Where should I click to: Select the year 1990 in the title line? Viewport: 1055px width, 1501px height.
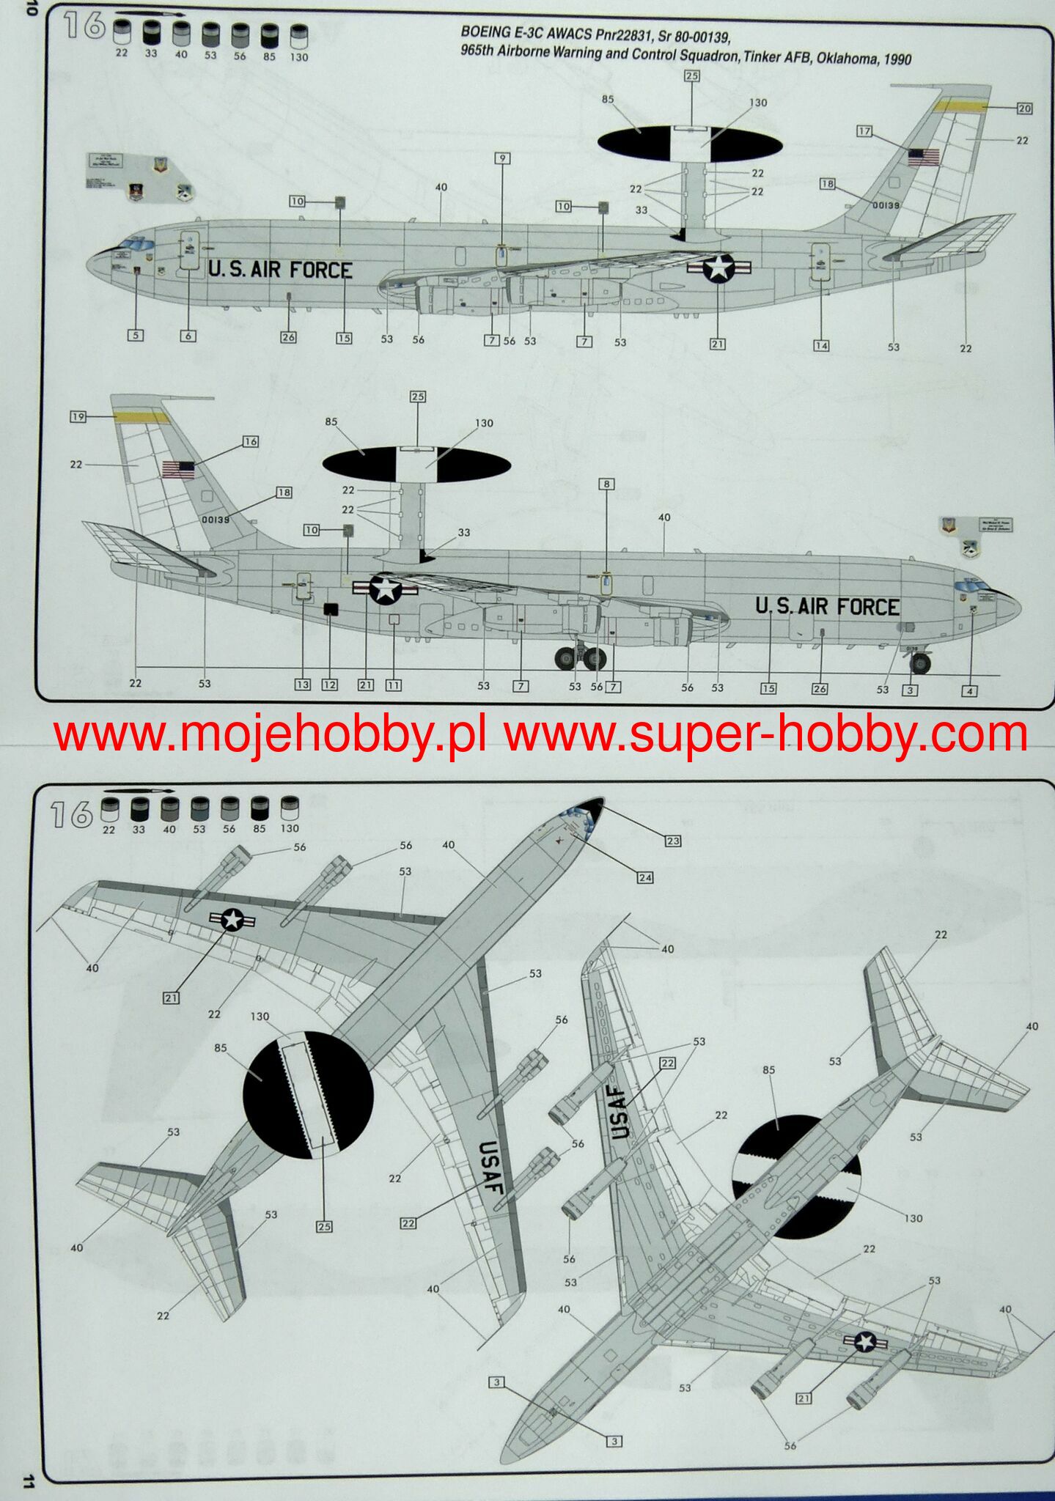point(897,59)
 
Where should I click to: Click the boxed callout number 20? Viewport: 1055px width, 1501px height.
point(1024,108)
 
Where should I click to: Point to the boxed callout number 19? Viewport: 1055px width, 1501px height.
point(78,416)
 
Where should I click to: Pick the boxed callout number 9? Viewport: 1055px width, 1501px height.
point(502,158)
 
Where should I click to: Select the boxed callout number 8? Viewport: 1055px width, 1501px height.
point(606,484)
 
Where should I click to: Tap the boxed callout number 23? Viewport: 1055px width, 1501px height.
point(673,841)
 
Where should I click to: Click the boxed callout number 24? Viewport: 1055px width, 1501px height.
point(645,877)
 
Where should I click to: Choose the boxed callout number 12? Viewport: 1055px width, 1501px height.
point(330,685)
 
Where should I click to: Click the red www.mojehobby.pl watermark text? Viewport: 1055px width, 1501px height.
point(269,735)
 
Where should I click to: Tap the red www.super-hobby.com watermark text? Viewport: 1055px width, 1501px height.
point(765,735)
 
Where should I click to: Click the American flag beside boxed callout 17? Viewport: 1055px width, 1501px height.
point(924,158)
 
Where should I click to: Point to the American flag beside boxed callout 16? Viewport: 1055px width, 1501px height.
point(178,469)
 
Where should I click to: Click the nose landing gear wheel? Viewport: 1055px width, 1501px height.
point(920,663)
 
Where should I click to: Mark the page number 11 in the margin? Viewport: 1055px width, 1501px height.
point(28,1480)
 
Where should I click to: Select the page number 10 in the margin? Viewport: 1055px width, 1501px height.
point(30,9)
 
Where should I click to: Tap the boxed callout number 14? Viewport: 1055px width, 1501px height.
point(821,345)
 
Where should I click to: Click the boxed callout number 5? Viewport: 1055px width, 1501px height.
point(135,335)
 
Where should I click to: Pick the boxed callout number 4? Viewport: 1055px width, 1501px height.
point(969,690)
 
